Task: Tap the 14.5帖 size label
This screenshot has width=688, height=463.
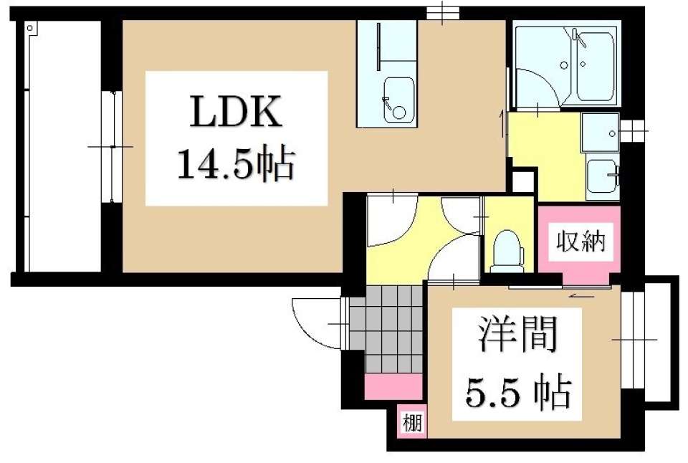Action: pos(236,166)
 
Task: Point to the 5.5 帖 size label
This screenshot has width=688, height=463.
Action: pos(518,391)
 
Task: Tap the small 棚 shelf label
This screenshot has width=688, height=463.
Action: pos(412,421)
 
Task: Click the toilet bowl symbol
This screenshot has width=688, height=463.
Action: pos(510,247)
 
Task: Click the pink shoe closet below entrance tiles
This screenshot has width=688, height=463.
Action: pos(393,387)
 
